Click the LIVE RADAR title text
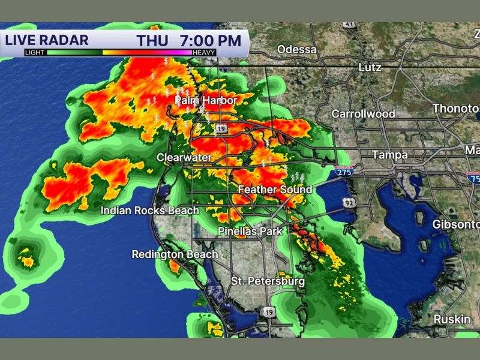pyautogui.click(x=47, y=41)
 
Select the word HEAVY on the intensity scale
pyautogui.click(x=200, y=53)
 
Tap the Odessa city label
pyautogui.click(x=296, y=49)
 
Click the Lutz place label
pyautogui.click(x=370, y=67)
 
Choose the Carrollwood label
pyautogui.click(x=364, y=113)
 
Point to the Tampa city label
pyautogui.click(x=390, y=155)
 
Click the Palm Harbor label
pyautogui.click(x=206, y=100)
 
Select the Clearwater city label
pyautogui.click(x=184, y=157)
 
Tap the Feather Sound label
pyautogui.click(x=275, y=190)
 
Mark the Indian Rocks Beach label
pyautogui.click(x=150, y=211)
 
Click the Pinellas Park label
pyautogui.click(x=250, y=230)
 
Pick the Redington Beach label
pyautogui.click(x=175, y=254)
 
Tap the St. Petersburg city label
pyautogui.click(x=268, y=281)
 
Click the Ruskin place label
pyautogui.click(x=452, y=319)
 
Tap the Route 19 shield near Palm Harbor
pyautogui.click(x=221, y=128)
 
